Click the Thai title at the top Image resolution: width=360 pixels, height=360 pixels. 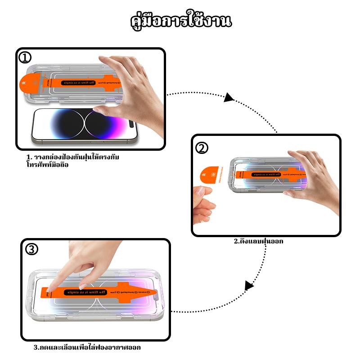180,21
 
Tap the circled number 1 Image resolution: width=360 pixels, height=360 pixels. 25,58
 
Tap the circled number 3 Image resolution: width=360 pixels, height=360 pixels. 31,249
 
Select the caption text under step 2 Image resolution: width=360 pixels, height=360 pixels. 258,241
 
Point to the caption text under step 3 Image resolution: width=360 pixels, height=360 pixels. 90,347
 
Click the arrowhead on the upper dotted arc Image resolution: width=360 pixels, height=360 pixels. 229,97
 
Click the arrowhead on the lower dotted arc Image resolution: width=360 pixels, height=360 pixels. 248,285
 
